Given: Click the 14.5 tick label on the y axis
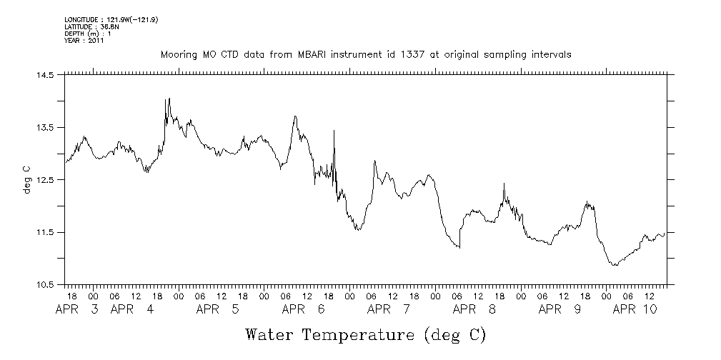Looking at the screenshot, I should (x=44, y=75).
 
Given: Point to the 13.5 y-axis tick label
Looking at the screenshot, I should (x=44, y=127).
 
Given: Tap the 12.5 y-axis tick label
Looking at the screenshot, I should (x=44, y=180).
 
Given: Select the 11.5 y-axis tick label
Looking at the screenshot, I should (x=44, y=232).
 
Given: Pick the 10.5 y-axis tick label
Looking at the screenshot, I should (x=44, y=285).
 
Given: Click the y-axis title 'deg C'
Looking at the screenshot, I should (x=26, y=179).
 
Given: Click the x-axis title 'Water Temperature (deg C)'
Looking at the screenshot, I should (x=366, y=334).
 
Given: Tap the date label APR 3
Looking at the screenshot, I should (x=78, y=309).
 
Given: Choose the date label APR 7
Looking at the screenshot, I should (x=389, y=309).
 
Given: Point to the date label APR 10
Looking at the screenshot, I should (x=636, y=309).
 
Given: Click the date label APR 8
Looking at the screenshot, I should (x=475, y=309).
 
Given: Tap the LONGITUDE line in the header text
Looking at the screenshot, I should (x=110, y=19).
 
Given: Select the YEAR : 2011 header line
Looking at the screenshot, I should (x=84, y=41).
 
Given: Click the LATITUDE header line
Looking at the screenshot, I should (x=90, y=26).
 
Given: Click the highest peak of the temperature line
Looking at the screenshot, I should (x=169, y=99).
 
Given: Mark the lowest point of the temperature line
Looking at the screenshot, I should (x=614, y=266).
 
